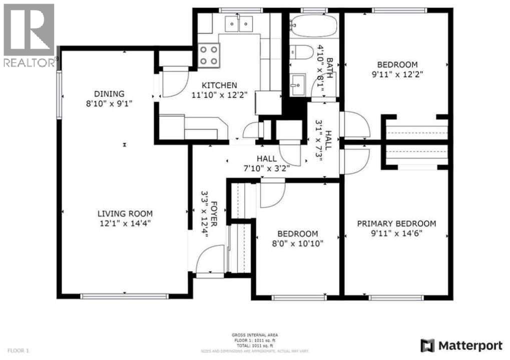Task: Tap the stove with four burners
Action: pos(209,55)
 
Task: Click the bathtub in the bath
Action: pos(314,25)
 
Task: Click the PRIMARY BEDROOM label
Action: pos(396,223)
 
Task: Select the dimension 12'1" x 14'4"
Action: pos(125,224)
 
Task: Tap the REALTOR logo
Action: pos(29,35)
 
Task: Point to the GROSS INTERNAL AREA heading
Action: pos(255,335)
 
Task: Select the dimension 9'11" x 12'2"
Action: pos(397,75)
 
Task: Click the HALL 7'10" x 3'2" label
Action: pos(266,163)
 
